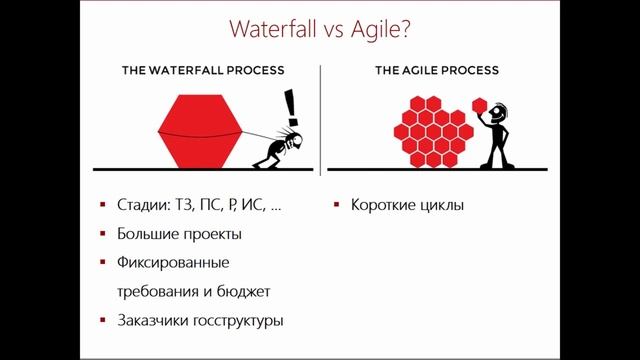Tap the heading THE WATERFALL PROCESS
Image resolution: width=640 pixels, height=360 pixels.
[x=203, y=70]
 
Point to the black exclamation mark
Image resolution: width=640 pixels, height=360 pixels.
[x=291, y=103]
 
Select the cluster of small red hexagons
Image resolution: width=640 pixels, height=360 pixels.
[x=431, y=130]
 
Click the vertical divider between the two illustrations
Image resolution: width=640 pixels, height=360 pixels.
[x=320, y=115]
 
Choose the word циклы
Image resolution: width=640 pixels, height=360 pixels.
[x=442, y=205]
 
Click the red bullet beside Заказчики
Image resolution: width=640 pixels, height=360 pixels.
[x=104, y=321]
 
